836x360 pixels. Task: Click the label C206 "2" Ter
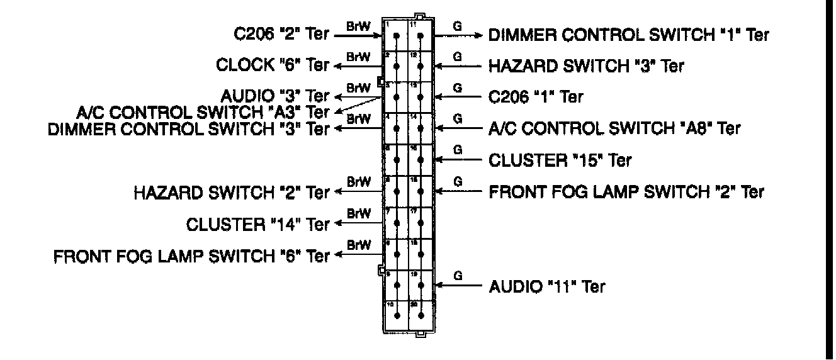coord(280,34)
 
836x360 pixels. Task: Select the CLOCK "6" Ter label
coord(273,65)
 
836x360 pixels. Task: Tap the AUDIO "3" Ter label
coord(275,96)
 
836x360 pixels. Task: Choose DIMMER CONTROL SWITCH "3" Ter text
coord(189,128)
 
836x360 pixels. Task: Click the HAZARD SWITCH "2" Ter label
coord(232,192)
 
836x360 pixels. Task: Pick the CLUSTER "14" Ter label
coord(258,223)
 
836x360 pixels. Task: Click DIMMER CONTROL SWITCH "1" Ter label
coord(629,35)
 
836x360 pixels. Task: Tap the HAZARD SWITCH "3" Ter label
coord(586,65)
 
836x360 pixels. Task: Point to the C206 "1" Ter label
coord(536,97)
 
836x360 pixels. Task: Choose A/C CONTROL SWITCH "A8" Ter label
coord(614,128)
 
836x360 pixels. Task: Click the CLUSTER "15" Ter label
coord(560,160)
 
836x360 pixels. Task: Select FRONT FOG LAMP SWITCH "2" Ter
coord(626,191)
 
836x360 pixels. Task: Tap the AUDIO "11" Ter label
coord(547,287)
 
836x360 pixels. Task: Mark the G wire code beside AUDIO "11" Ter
coord(458,276)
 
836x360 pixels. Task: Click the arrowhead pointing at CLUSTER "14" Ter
coord(338,223)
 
